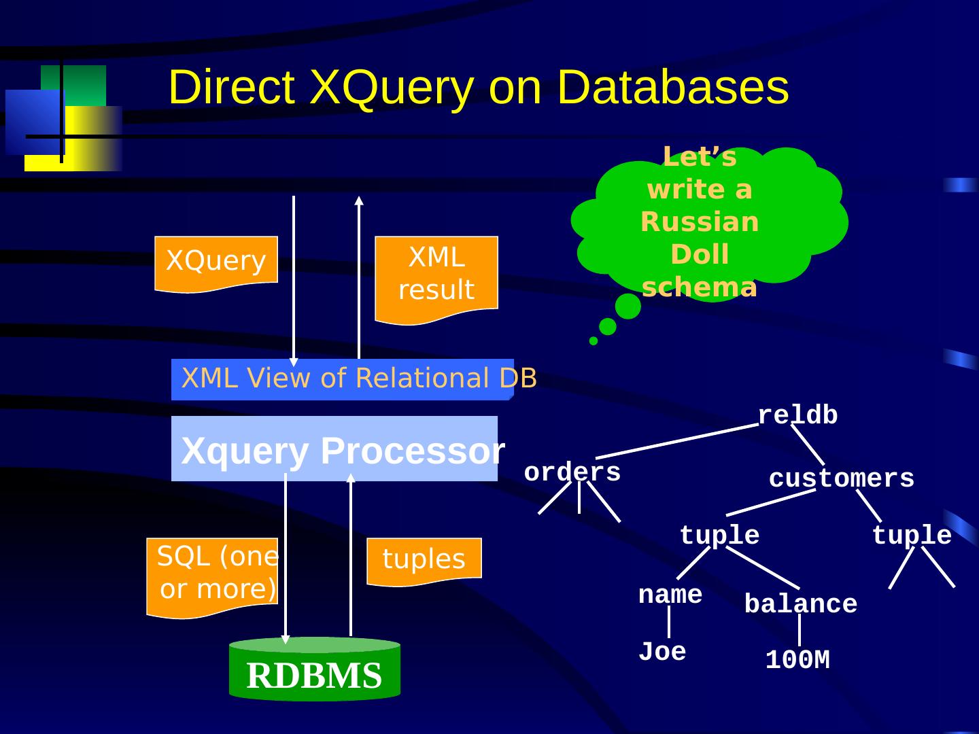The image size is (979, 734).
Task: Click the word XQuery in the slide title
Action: click(391, 88)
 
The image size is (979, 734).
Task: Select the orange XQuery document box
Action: click(216, 264)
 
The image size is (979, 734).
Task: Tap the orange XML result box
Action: click(436, 279)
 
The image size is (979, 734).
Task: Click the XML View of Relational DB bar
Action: click(343, 379)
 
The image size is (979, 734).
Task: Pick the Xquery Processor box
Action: click(334, 449)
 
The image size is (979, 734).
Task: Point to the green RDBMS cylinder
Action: click(315, 669)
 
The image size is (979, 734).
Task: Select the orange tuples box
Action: click(424, 561)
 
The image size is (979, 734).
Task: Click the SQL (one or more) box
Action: click(212, 578)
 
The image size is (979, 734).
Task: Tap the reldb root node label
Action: click(798, 415)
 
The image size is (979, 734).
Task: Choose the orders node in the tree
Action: click(572, 472)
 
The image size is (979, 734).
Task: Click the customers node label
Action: click(842, 478)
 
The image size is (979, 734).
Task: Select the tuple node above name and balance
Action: click(719, 535)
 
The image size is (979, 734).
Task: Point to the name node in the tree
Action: click(670, 595)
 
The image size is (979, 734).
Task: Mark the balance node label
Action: click(801, 604)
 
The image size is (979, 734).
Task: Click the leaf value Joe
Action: click(662, 652)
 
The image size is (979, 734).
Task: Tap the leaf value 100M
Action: click(798, 659)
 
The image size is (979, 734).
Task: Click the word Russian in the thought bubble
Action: click(700, 222)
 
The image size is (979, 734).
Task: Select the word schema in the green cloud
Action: click(700, 287)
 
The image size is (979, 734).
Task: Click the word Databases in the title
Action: click(673, 87)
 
